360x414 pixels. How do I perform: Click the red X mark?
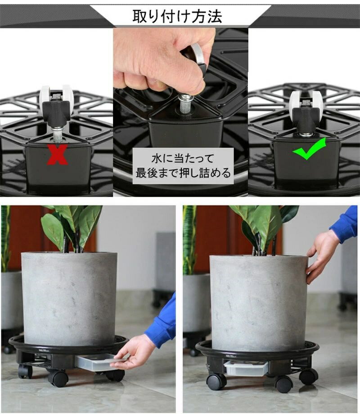click(58, 155)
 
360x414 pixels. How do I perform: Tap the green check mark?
click(309, 149)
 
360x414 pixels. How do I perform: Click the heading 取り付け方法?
click(177, 16)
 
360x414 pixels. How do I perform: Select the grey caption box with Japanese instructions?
click(183, 166)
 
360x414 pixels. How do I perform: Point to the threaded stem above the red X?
click(57, 133)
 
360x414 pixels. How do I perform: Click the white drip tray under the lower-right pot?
click(246, 368)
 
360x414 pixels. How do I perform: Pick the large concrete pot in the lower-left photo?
click(69, 298)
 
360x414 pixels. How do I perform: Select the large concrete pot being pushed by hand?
click(258, 302)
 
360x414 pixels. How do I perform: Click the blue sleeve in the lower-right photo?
click(346, 224)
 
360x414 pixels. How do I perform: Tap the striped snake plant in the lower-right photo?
click(189, 240)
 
